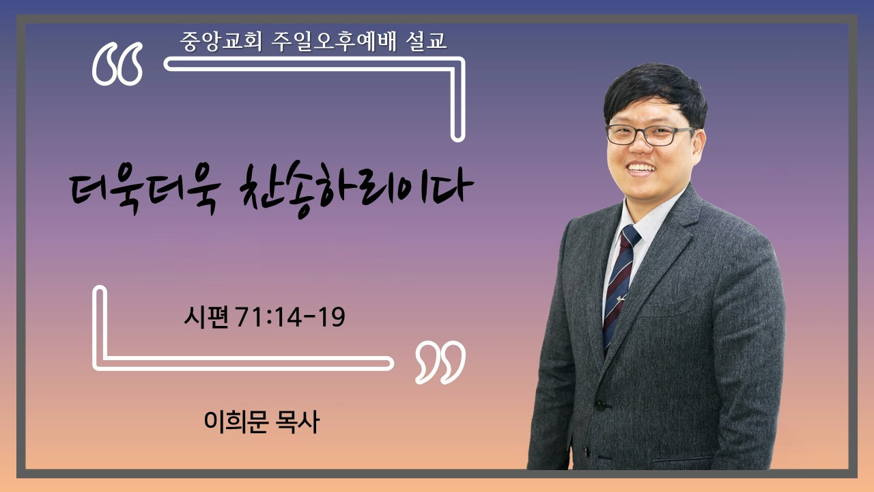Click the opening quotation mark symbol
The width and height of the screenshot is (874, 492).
[x=117, y=64]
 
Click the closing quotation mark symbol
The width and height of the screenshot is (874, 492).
[x=440, y=362]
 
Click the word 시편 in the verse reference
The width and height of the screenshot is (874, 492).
[x=206, y=316]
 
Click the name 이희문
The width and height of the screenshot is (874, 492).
[x=236, y=422]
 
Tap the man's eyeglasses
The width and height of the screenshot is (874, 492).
[x=649, y=135]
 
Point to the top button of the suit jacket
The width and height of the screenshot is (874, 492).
[x=600, y=405]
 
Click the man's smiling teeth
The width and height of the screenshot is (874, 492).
[x=641, y=168]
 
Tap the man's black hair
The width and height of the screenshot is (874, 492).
[x=655, y=94]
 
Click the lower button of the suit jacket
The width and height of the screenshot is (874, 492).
[x=586, y=452]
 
